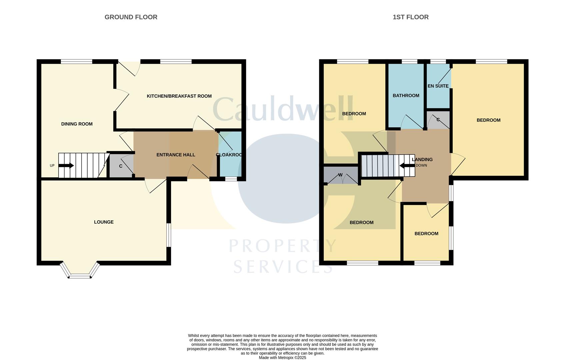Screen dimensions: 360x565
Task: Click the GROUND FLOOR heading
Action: tap(131, 17)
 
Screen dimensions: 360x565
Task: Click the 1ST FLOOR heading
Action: tap(410, 17)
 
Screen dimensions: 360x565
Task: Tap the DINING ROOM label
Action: tap(77, 124)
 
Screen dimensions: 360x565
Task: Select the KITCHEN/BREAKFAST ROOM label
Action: tap(179, 96)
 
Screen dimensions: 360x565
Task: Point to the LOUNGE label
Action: tap(104, 222)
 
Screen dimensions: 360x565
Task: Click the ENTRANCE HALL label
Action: tap(176, 155)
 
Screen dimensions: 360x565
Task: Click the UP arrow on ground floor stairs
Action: tap(66, 166)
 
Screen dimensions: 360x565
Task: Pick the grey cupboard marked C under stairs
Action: tap(121, 166)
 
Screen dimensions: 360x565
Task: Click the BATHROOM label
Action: tap(406, 96)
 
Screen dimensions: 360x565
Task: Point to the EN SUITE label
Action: tap(438, 86)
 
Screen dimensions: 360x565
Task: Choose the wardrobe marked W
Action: tap(340, 175)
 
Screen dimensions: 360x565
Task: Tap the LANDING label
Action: tap(422, 160)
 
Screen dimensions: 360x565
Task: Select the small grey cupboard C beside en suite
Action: tap(438, 120)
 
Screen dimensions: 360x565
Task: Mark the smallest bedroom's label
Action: tap(426, 234)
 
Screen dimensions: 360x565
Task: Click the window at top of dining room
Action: tap(76, 61)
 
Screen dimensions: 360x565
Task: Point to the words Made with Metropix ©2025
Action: tap(282, 358)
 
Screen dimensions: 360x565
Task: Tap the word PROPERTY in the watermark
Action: tap(282, 246)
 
